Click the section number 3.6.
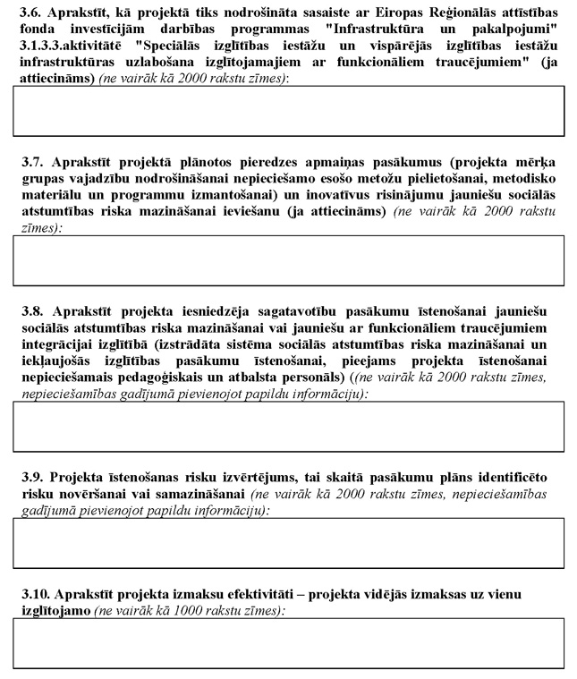(x=32, y=10)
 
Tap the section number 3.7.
(x=32, y=163)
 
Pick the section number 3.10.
(x=35, y=594)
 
